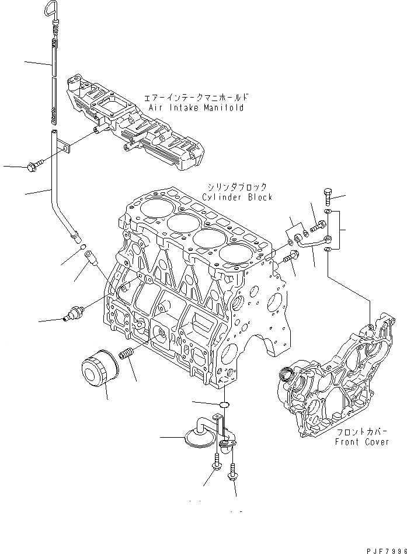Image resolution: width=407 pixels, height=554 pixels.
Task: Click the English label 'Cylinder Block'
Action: [x=237, y=197]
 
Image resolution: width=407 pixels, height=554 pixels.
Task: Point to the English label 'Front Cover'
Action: [x=361, y=442]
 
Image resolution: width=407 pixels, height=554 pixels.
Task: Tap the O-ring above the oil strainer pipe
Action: [x=224, y=404]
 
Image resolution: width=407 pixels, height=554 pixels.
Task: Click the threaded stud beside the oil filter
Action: [x=126, y=354]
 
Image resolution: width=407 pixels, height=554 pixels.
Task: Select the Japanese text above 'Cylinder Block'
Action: [x=236, y=187]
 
